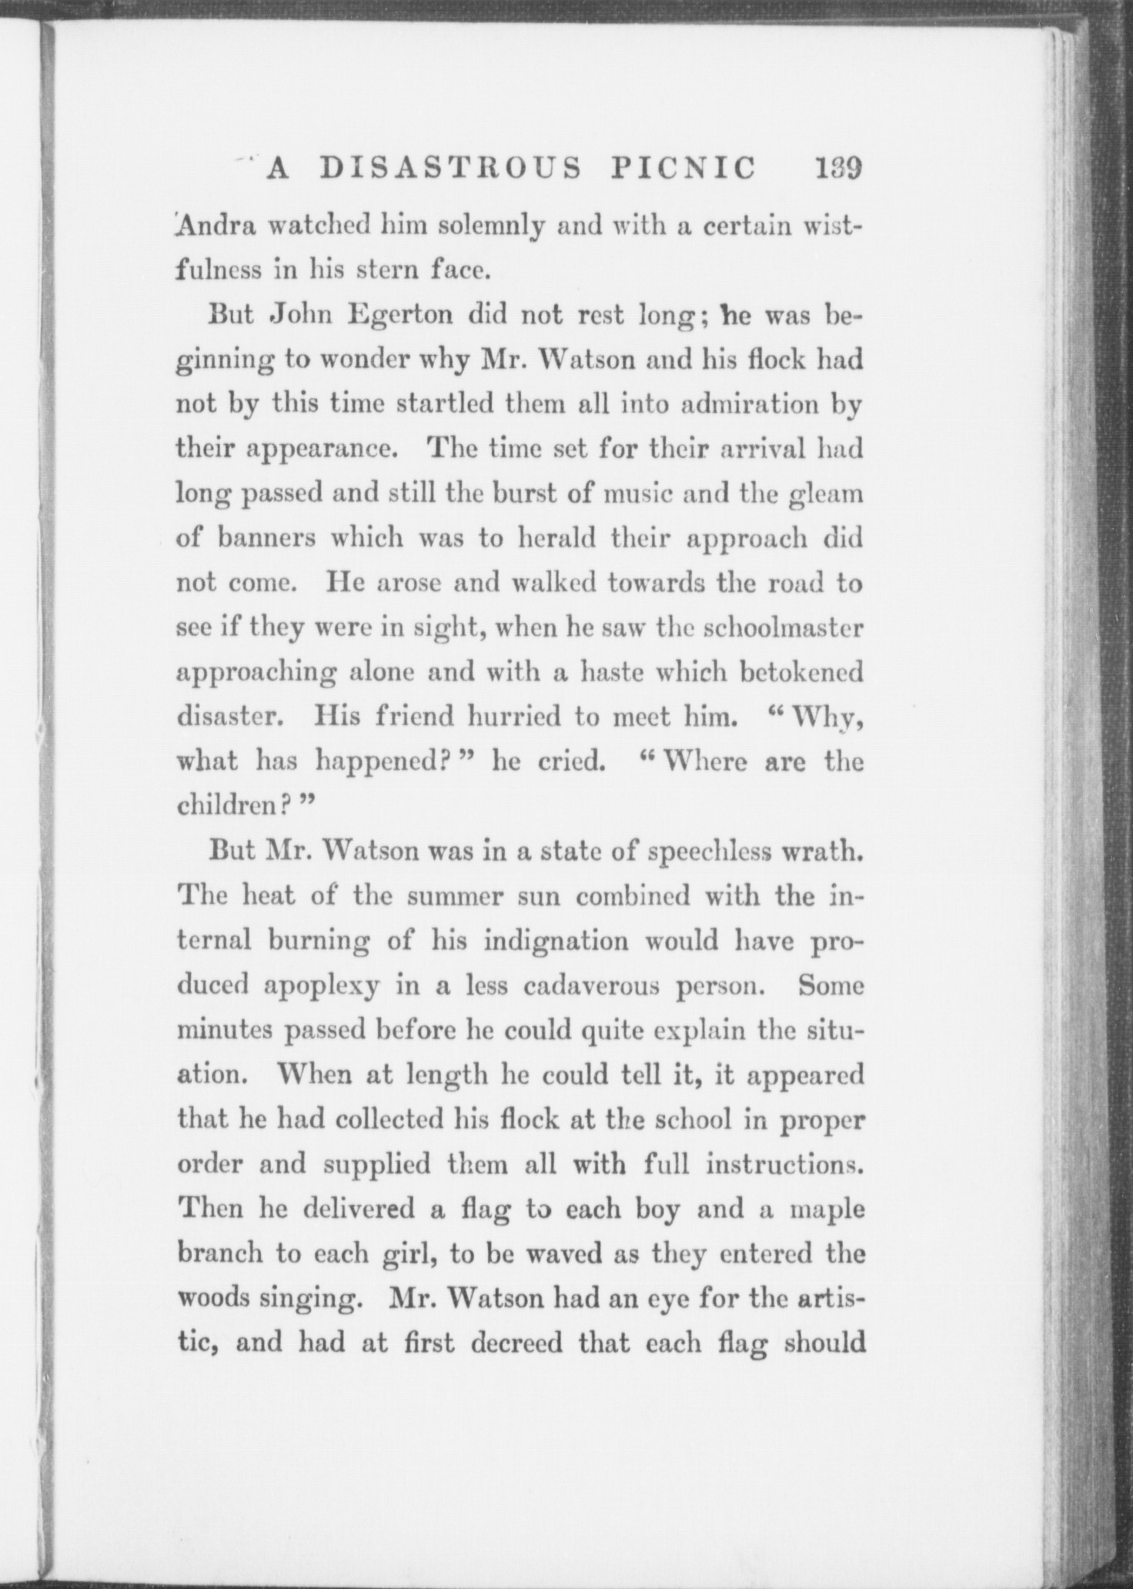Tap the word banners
click(266, 537)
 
